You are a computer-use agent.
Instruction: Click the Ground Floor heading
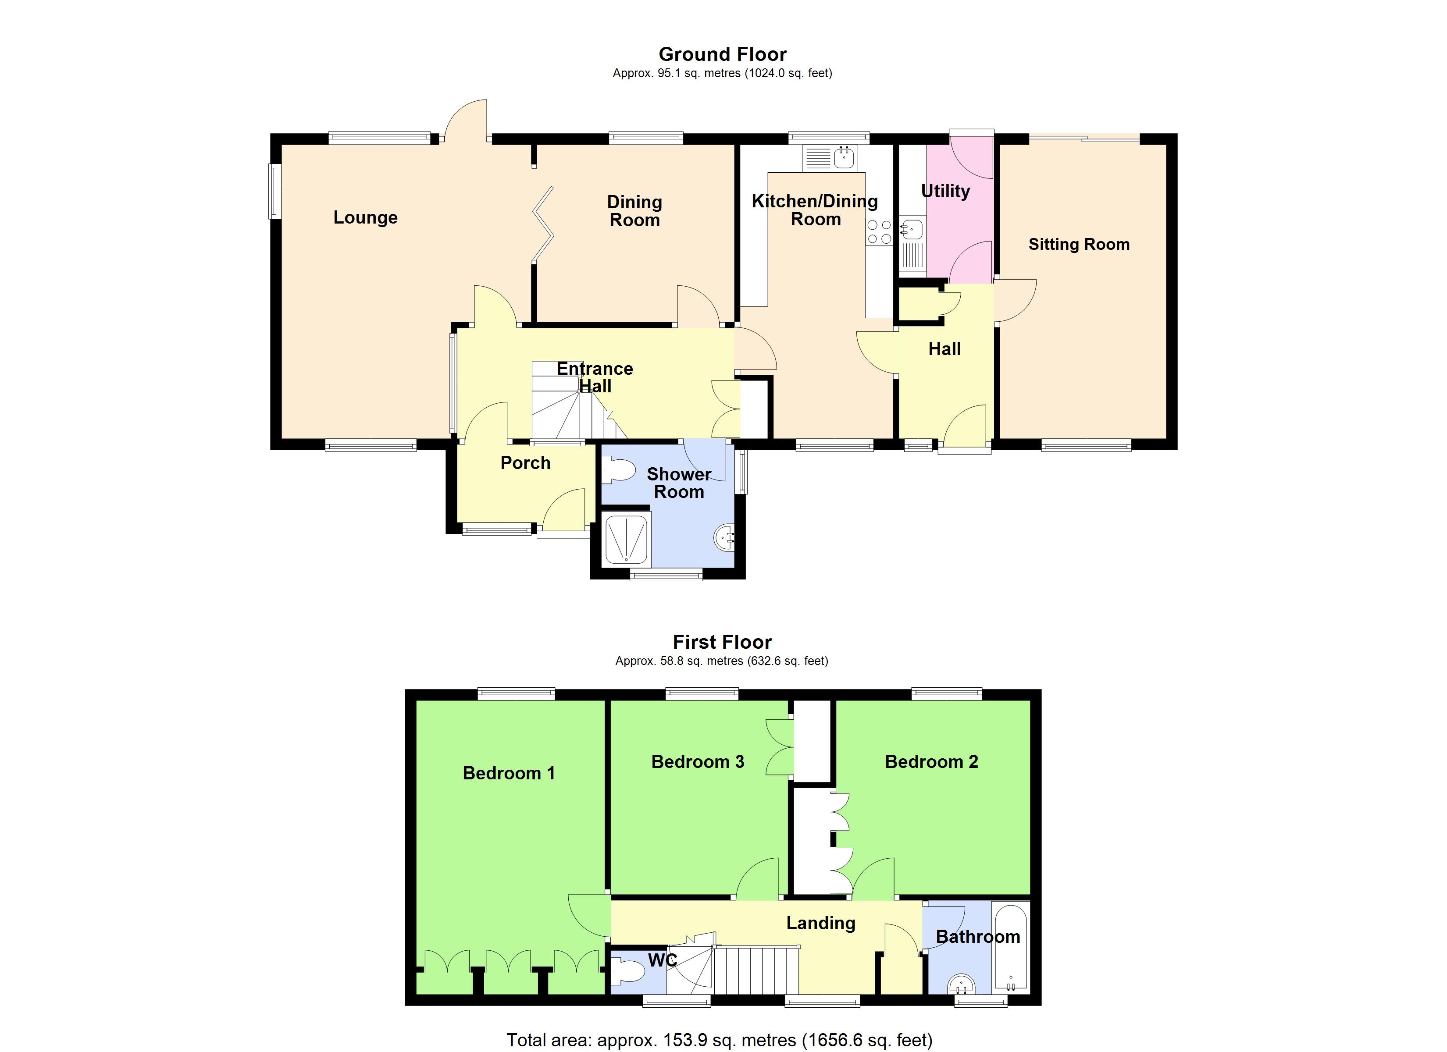pyautogui.click(x=722, y=54)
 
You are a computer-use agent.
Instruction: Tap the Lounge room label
pyautogui.click(x=366, y=217)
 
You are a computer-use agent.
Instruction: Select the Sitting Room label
pyautogui.click(x=1079, y=244)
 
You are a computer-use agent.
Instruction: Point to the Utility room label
pyautogui.click(x=945, y=192)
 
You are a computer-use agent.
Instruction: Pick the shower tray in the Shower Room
pyautogui.click(x=626, y=539)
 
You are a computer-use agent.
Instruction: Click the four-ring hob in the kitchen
pyautogui.click(x=879, y=232)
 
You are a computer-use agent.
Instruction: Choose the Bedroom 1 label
pyautogui.click(x=509, y=773)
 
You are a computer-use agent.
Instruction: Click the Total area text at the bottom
pyautogui.click(x=719, y=1040)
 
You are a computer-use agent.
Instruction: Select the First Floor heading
pyautogui.click(x=722, y=642)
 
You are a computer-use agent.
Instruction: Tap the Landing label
pyautogui.click(x=820, y=923)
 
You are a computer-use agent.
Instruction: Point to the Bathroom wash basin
pyautogui.click(x=962, y=984)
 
